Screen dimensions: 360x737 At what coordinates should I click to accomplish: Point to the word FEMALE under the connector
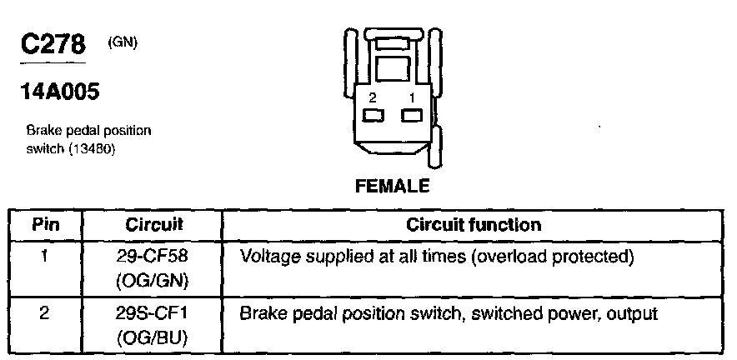pyautogui.click(x=392, y=186)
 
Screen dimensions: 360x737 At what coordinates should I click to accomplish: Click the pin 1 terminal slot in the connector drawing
pyautogui.click(x=410, y=116)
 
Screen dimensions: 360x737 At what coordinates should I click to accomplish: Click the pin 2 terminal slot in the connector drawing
pyautogui.click(x=373, y=116)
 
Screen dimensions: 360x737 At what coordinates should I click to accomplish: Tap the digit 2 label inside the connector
pyautogui.click(x=373, y=98)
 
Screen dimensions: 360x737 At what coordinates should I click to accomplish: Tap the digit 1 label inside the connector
pyautogui.click(x=410, y=98)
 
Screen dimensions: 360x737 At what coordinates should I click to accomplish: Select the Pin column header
pyautogui.click(x=46, y=224)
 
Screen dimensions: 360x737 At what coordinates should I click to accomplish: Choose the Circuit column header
pyautogui.click(x=153, y=224)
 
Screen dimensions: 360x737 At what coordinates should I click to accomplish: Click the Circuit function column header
pyautogui.click(x=474, y=224)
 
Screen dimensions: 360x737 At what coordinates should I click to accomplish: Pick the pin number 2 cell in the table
pyautogui.click(x=46, y=314)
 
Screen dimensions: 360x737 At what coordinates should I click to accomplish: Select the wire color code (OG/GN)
pyautogui.click(x=153, y=281)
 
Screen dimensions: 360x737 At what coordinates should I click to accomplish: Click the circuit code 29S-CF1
pyautogui.click(x=153, y=314)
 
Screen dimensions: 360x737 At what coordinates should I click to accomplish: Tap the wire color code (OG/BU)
pyautogui.click(x=153, y=339)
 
